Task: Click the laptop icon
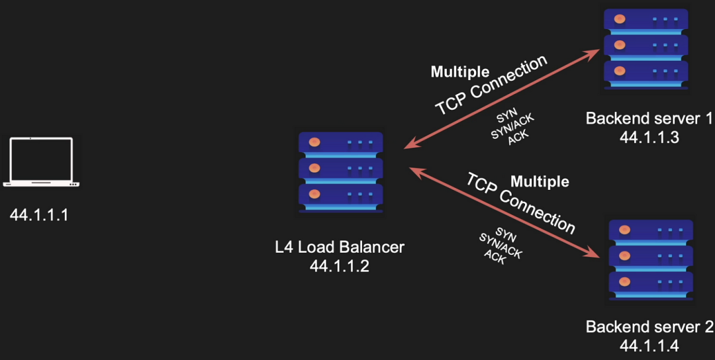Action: (x=41, y=162)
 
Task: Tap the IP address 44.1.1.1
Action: (x=40, y=215)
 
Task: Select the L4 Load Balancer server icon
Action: (x=340, y=172)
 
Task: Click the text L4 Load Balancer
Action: (x=340, y=247)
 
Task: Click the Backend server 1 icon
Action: (x=645, y=49)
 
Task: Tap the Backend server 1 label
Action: (x=649, y=119)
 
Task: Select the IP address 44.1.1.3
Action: (x=649, y=137)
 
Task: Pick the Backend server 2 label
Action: (x=649, y=327)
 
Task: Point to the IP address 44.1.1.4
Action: (x=649, y=345)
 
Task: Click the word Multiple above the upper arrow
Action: (x=460, y=71)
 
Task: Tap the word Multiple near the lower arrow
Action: (x=540, y=181)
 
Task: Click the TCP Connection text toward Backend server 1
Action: (x=491, y=86)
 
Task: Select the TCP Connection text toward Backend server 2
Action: (x=520, y=202)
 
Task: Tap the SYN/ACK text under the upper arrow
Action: (x=512, y=126)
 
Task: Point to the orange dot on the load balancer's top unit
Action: (x=314, y=142)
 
